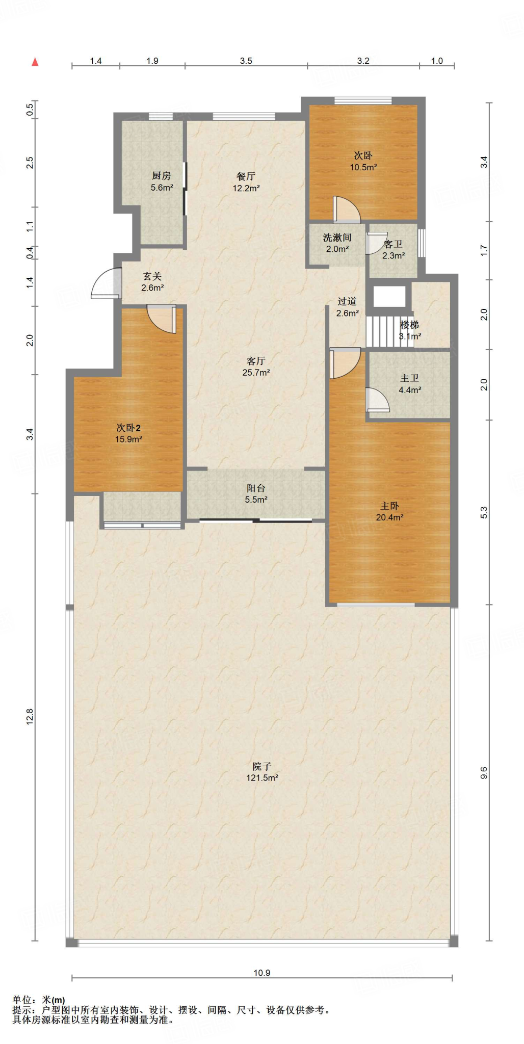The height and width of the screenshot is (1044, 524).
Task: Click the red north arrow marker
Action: [35, 62]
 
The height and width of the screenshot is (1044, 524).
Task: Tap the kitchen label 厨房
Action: [161, 176]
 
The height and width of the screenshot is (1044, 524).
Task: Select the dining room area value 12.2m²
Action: [246, 188]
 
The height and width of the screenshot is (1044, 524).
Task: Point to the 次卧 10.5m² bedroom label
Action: [363, 161]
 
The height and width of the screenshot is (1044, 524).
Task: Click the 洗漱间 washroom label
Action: [337, 238]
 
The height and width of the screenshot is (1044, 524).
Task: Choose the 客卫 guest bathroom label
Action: [393, 244]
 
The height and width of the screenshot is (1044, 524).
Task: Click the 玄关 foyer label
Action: [152, 276]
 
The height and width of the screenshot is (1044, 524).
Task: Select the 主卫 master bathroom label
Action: [409, 378]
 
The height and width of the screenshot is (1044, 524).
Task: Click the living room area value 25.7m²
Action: [256, 373]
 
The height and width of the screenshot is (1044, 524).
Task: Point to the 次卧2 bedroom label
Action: [128, 428]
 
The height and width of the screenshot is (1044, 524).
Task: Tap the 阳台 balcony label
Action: [256, 488]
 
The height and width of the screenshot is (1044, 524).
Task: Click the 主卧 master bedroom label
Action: [389, 506]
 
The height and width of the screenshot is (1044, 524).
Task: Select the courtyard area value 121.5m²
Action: [262, 778]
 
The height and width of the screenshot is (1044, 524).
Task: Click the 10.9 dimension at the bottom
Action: [262, 973]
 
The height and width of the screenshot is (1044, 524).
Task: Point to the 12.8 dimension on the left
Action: [30, 717]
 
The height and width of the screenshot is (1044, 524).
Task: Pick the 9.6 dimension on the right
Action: [484, 773]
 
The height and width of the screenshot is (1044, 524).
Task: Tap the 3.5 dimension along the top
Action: [246, 61]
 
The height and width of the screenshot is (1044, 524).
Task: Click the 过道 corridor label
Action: [347, 302]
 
